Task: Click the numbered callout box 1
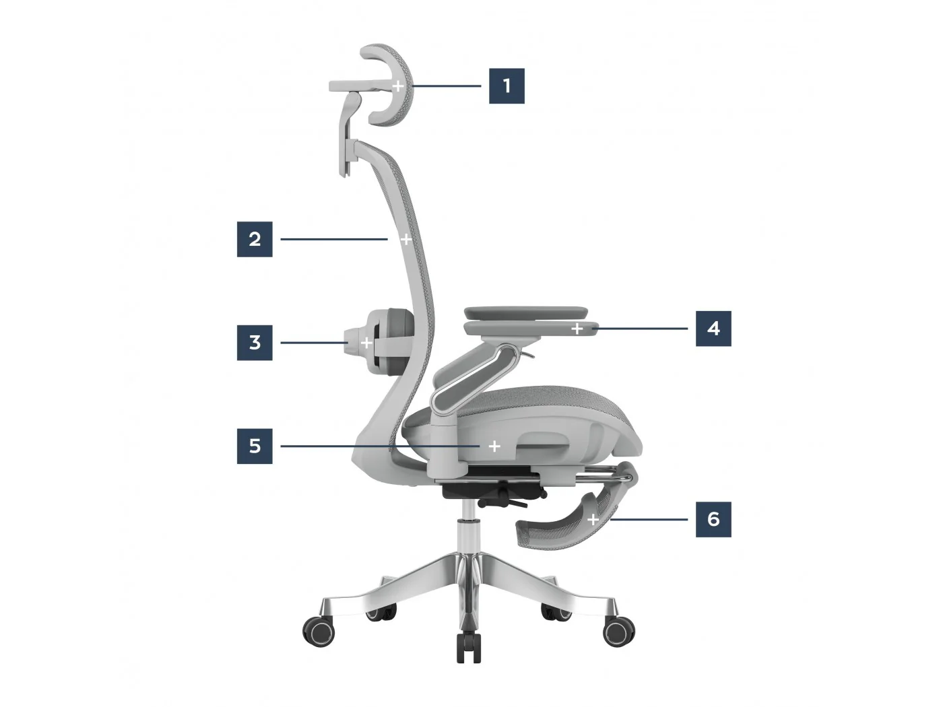click(x=507, y=86)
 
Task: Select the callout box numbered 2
click(x=255, y=239)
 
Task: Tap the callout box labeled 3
click(x=255, y=343)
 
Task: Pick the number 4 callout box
click(x=713, y=329)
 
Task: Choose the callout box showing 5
click(x=255, y=446)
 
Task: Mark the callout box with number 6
click(x=713, y=519)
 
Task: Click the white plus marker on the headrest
click(x=398, y=86)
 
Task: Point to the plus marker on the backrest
click(x=406, y=239)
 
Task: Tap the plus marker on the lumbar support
click(x=366, y=343)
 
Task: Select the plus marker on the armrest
click(x=577, y=329)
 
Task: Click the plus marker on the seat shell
click(x=494, y=446)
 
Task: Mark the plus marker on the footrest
click(x=593, y=520)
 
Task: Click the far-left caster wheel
click(x=319, y=631)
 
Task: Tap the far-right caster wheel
click(x=619, y=631)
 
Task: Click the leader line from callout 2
click(x=334, y=239)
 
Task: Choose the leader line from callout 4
click(x=640, y=329)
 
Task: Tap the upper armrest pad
click(x=525, y=312)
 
